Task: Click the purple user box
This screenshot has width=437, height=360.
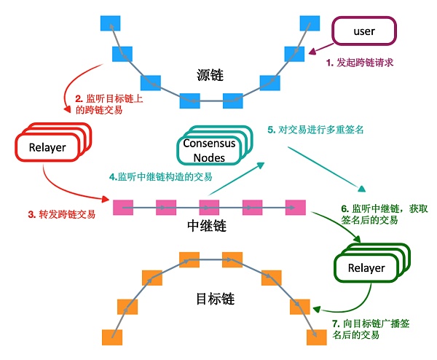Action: [x=363, y=32]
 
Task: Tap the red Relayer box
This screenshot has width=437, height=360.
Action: [x=47, y=148]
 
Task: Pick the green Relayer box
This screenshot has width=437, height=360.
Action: [x=366, y=267]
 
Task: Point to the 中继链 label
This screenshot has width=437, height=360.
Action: [x=206, y=226]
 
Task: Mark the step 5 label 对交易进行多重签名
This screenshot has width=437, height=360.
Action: [x=315, y=130]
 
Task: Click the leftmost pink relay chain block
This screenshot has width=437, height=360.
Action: [x=123, y=207]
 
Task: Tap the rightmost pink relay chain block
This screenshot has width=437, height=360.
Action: [x=295, y=207]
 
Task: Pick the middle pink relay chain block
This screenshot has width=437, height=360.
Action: [x=209, y=207]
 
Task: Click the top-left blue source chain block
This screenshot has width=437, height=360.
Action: [x=110, y=23]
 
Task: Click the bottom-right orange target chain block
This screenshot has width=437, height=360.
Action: [x=315, y=337]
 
